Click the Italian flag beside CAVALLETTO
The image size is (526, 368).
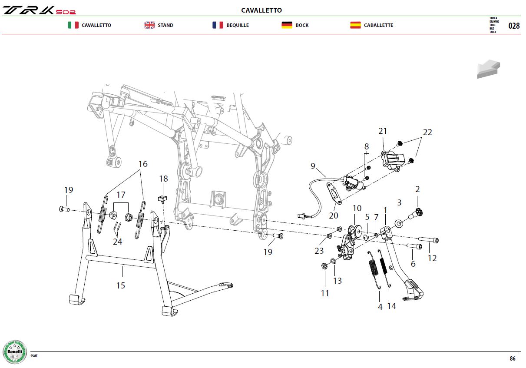coord(73,25)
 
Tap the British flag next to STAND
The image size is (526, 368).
coord(149,25)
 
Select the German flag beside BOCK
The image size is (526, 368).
coord(287,25)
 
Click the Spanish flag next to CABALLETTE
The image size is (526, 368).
coord(356,25)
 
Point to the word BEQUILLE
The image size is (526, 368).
coord(238,25)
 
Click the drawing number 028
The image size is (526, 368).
coord(514,25)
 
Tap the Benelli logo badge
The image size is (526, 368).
coord(15,352)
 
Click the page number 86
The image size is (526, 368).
coord(513,358)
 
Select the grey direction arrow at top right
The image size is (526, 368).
coord(488,69)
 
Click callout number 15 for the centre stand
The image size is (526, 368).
coord(121,285)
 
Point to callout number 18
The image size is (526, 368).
coord(163,179)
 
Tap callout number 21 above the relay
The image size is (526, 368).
coord(383,131)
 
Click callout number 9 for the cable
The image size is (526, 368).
coord(313,166)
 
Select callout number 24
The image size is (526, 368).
coord(117,242)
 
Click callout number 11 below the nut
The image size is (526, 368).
coord(325,293)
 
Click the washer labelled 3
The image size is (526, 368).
coord(399,223)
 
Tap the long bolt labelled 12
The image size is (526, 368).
coord(429,240)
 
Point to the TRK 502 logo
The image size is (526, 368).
coord(39,10)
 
